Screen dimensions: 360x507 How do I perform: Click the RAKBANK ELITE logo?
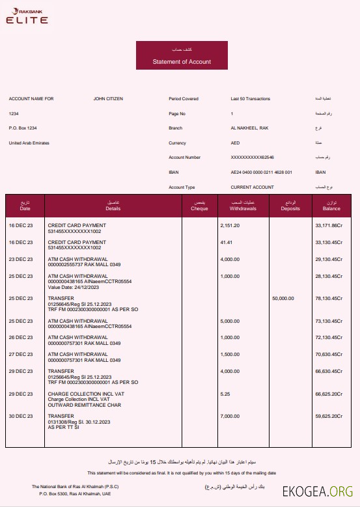pos(27,16)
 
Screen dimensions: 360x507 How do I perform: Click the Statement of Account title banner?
pos(182,59)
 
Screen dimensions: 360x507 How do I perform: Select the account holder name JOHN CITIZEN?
pos(108,99)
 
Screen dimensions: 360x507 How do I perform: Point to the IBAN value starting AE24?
pos(261,172)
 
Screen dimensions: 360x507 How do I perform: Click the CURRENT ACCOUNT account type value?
pos(252,187)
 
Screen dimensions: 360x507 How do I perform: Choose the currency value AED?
pos(235,143)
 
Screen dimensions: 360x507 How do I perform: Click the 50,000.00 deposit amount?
pos(283,298)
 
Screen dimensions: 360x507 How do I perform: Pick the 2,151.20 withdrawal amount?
pos(230,225)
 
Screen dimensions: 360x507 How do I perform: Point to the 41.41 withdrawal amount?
pos(227,242)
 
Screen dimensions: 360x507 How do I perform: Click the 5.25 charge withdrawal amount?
pos(225,394)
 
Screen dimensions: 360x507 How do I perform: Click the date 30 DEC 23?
pos(20,416)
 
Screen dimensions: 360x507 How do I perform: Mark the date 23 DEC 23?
pos(20,259)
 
